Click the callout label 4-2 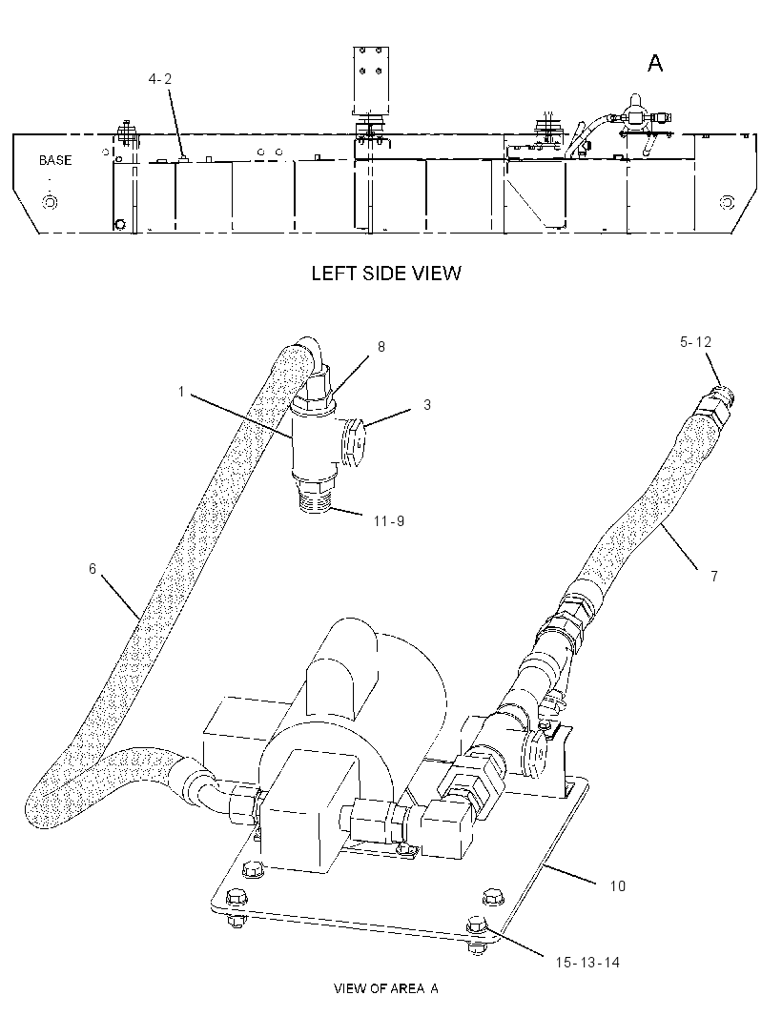tap(159, 79)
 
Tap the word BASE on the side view tap(55, 160)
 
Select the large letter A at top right tap(655, 64)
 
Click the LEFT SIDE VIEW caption tap(386, 273)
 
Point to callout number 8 tap(381, 347)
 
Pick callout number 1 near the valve tap(182, 392)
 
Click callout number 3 tap(427, 404)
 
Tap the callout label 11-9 tap(389, 520)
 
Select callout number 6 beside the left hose tap(93, 568)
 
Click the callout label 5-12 tap(695, 341)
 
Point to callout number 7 tap(714, 576)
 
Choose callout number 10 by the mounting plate tap(617, 885)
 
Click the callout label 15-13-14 tap(587, 963)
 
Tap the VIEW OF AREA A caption tap(386, 988)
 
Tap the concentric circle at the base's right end tap(727, 202)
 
